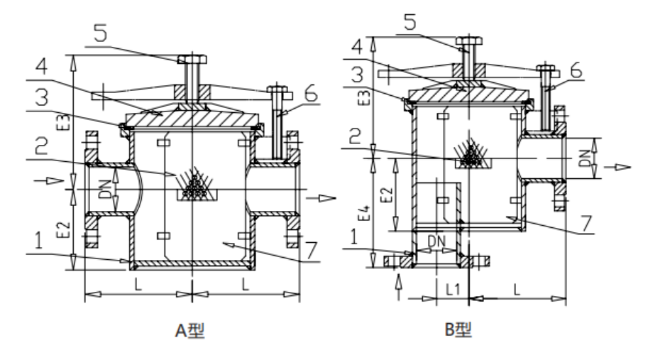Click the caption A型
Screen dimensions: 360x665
point(191,330)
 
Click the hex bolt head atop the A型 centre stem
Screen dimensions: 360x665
point(191,59)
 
